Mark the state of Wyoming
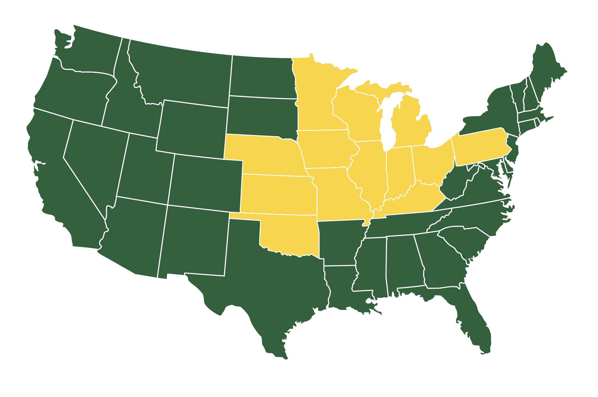[193, 127]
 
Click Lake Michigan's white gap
[387, 124]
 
